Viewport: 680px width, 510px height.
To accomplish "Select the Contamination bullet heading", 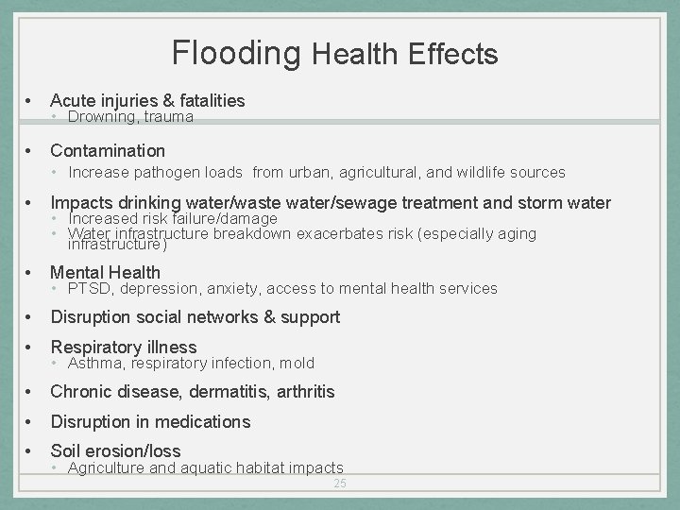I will pos(108,150).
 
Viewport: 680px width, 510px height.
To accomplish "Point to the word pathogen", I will pos(196,172).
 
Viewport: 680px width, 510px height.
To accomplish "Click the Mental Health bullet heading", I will pos(105,273).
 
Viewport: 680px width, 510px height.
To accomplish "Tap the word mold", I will pos(297,363).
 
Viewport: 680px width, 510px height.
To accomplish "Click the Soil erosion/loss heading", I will pos(115,451).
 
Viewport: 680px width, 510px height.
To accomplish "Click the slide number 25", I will pos(339,484).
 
